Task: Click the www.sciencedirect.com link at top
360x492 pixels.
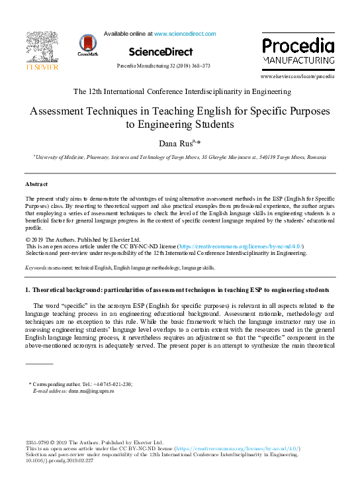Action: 185,33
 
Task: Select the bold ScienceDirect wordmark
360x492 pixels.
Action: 161,52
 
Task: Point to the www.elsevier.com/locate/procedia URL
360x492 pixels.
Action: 302,77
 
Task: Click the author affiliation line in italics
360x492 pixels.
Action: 180,158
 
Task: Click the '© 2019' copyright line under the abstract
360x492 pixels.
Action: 83,239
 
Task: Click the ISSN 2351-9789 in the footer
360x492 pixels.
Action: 38,442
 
